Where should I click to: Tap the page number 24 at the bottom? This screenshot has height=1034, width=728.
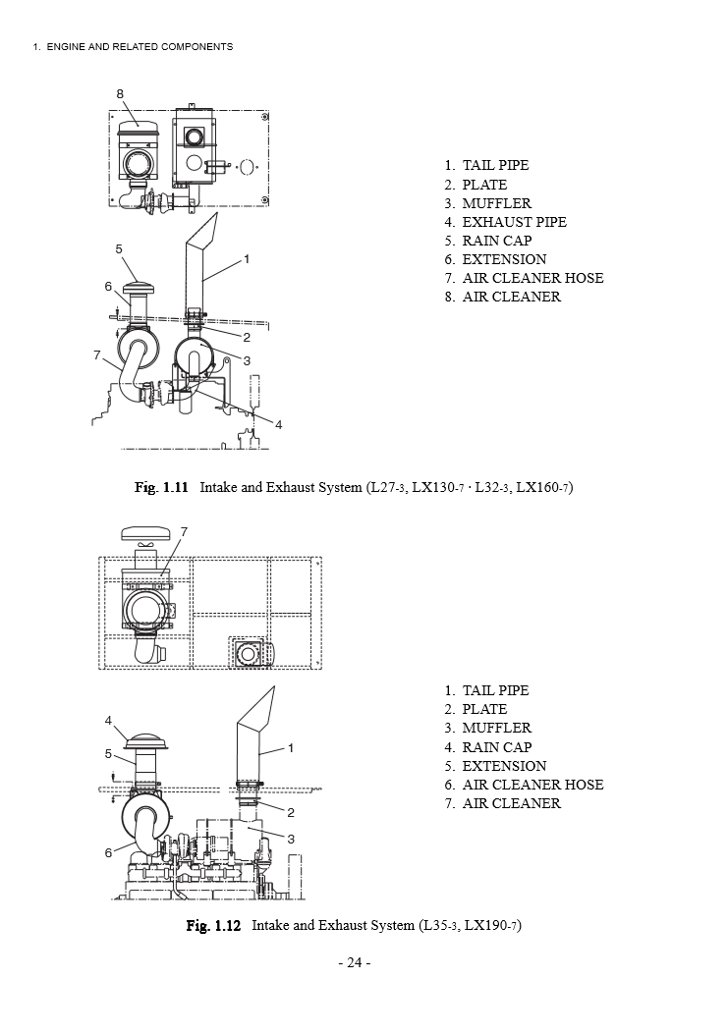(x=354, y=963)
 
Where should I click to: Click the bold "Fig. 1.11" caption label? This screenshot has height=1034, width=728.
(x=161, y=487)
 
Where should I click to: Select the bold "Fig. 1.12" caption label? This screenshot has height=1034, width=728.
(x=213, y=926)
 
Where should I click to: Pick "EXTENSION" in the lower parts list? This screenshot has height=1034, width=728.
(x=504, y=766)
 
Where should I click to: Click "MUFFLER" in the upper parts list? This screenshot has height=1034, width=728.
(x=496, y=203)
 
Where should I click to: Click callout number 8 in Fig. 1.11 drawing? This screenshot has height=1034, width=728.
(x=120, y=93)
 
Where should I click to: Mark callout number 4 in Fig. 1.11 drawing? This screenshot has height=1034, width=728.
(x=279, y=424)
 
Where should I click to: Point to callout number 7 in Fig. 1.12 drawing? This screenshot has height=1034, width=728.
(x=184, y=531)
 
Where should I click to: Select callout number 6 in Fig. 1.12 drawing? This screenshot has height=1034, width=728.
(x=109, y=852)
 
